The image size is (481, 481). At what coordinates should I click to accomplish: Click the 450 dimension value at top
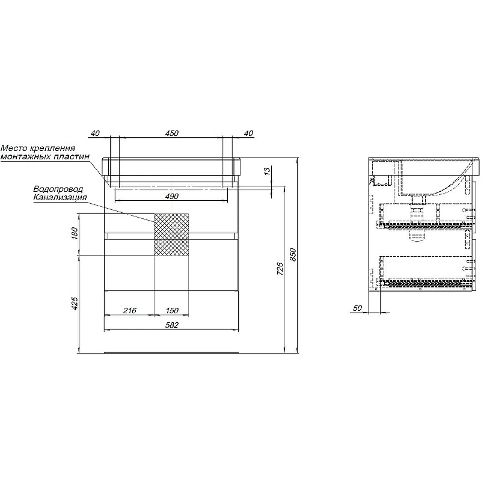coord(172,133)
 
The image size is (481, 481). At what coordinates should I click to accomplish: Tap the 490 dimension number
coord(172,197)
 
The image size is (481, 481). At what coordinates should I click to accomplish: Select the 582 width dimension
coord(172,325)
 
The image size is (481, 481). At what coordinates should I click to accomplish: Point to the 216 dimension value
coord(130,310)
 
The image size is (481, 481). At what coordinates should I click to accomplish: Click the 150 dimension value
coord(172,310)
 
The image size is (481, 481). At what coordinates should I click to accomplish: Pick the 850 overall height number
coord(293,254)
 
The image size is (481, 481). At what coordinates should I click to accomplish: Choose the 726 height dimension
coord(280,268)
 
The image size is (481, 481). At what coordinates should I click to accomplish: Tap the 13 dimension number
coord(267,171)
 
